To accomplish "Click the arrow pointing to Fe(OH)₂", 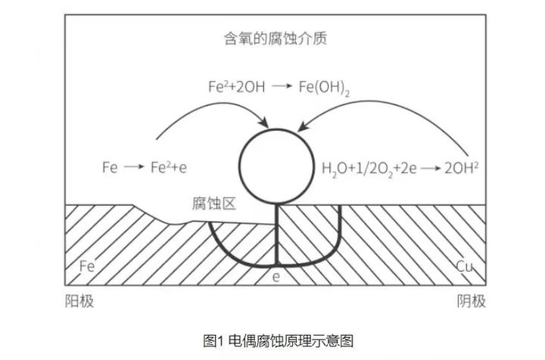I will pyautogui.click(x=282, y=87).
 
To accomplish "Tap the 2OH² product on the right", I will pyautogui.click(x=458, y=167).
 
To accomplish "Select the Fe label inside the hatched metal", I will pyautogui.click(x=87, y=266).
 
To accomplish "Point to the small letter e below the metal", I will pyautogui.click(x=276, y=278).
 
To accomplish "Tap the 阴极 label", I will pyautogui.click(x=471, y=302).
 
